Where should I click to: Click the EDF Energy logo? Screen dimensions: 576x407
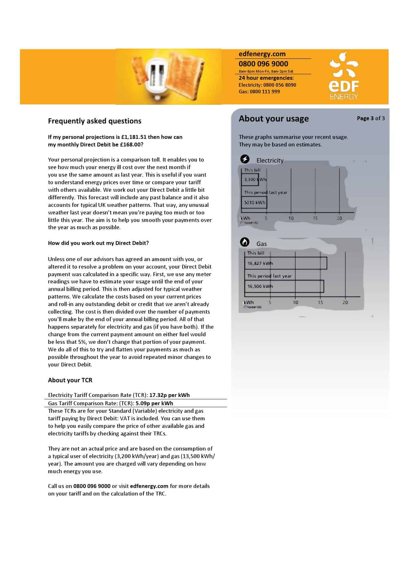344,77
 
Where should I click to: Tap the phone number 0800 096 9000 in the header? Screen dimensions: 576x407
263,64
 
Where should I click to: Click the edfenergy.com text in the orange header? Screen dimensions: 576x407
262,54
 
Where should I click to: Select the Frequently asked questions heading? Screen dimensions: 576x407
95,121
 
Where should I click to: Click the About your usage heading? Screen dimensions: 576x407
273,119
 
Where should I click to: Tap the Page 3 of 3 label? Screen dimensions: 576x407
371,118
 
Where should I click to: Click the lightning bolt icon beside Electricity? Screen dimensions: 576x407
245,160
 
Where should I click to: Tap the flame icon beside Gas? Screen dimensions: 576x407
245,242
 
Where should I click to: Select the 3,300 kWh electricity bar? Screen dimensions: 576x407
250,180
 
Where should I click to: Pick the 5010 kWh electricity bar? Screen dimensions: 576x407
254,202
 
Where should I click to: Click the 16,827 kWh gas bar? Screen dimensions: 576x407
286,263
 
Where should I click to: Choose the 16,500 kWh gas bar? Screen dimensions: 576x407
284,286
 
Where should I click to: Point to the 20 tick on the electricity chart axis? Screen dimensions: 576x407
339,218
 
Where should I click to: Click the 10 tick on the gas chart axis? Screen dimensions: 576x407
295,302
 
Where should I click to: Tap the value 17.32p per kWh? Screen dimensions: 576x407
169,395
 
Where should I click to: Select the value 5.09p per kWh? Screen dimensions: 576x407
154,403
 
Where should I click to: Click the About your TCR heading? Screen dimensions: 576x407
70,380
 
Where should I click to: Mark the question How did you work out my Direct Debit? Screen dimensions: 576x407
98,243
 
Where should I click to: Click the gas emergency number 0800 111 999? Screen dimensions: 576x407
265,92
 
